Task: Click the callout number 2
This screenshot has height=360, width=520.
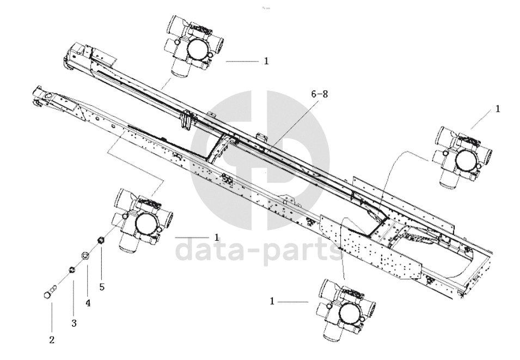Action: pyautogui.click(x=52, y=340)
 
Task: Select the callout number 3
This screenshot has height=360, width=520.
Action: pyautogui.click(x=74, y=323)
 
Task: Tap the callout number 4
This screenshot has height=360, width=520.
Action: pyautogui.click(x=88, y=302)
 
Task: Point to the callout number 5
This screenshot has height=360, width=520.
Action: pyautogui.click(x=102, y=285)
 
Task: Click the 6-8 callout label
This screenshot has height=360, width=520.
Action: pyautogui.click(x=320, y=94)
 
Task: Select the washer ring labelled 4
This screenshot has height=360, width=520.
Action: pyautogui.click(x=85, y=255)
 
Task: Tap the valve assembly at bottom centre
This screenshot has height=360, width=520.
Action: pyautogui.click(x=346, y=307)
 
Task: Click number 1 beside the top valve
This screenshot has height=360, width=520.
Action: pyautogui.click(x=266, y=62)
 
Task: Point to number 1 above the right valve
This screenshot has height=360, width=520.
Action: pyautogui.click(x=497, y=109)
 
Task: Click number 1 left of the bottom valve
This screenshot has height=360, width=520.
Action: pyautogui.click(x=272, y=301)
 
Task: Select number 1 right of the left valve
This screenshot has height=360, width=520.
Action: pyautogui.click(x=217, y=237)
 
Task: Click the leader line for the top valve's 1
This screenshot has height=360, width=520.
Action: pyautogui.click(x=242, y=62)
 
